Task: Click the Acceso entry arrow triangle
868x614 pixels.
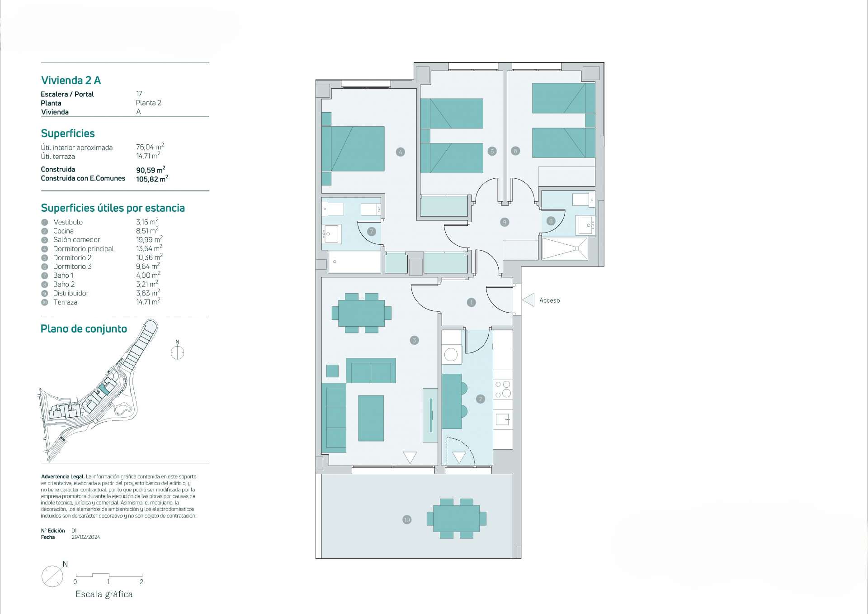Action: pyautogui.click(x=528, y=300)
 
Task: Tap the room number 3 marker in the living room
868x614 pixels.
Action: pyautogui.click(x=414, y=340)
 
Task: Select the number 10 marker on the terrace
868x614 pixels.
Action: pyautogui.click(x=407, y=520)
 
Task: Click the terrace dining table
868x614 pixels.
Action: pyautogui.click(x=457, y=519)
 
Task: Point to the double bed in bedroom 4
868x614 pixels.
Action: pyautogui.click(x=353, y=149)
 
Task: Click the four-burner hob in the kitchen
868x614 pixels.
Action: pyautogui.click(x=503, y=390)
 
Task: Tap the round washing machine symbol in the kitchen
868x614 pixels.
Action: pyautogui.click(x=451, y=354)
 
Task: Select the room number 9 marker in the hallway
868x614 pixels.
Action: pyautogui.click(x=505, y=222)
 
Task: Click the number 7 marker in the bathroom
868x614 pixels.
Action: pyautogui.click(x=372, y=232)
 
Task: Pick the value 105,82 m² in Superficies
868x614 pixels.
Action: pyautogui.click(x=152, y=179)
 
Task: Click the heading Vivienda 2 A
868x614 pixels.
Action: pyautogui.click(x=71, y=81)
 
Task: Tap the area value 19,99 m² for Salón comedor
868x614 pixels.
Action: pyautogui.click(x=149, y=239)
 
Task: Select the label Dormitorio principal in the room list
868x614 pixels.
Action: pyautogui.click(x=84, y=249)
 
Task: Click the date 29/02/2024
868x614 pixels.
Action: pyautogui.click(x=86, y=537)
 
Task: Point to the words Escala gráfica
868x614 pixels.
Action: pyautogui.click(x=104, y=595)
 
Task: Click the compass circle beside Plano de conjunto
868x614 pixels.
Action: pyautogui.click(x=177, y=353)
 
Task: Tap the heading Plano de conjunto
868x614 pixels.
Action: pyautogui.click(x=84, y=329)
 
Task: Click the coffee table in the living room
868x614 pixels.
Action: pyautogui.click(x=371, y=418)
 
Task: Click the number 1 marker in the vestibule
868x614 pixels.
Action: pyautogui.click(x=471, y=302)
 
